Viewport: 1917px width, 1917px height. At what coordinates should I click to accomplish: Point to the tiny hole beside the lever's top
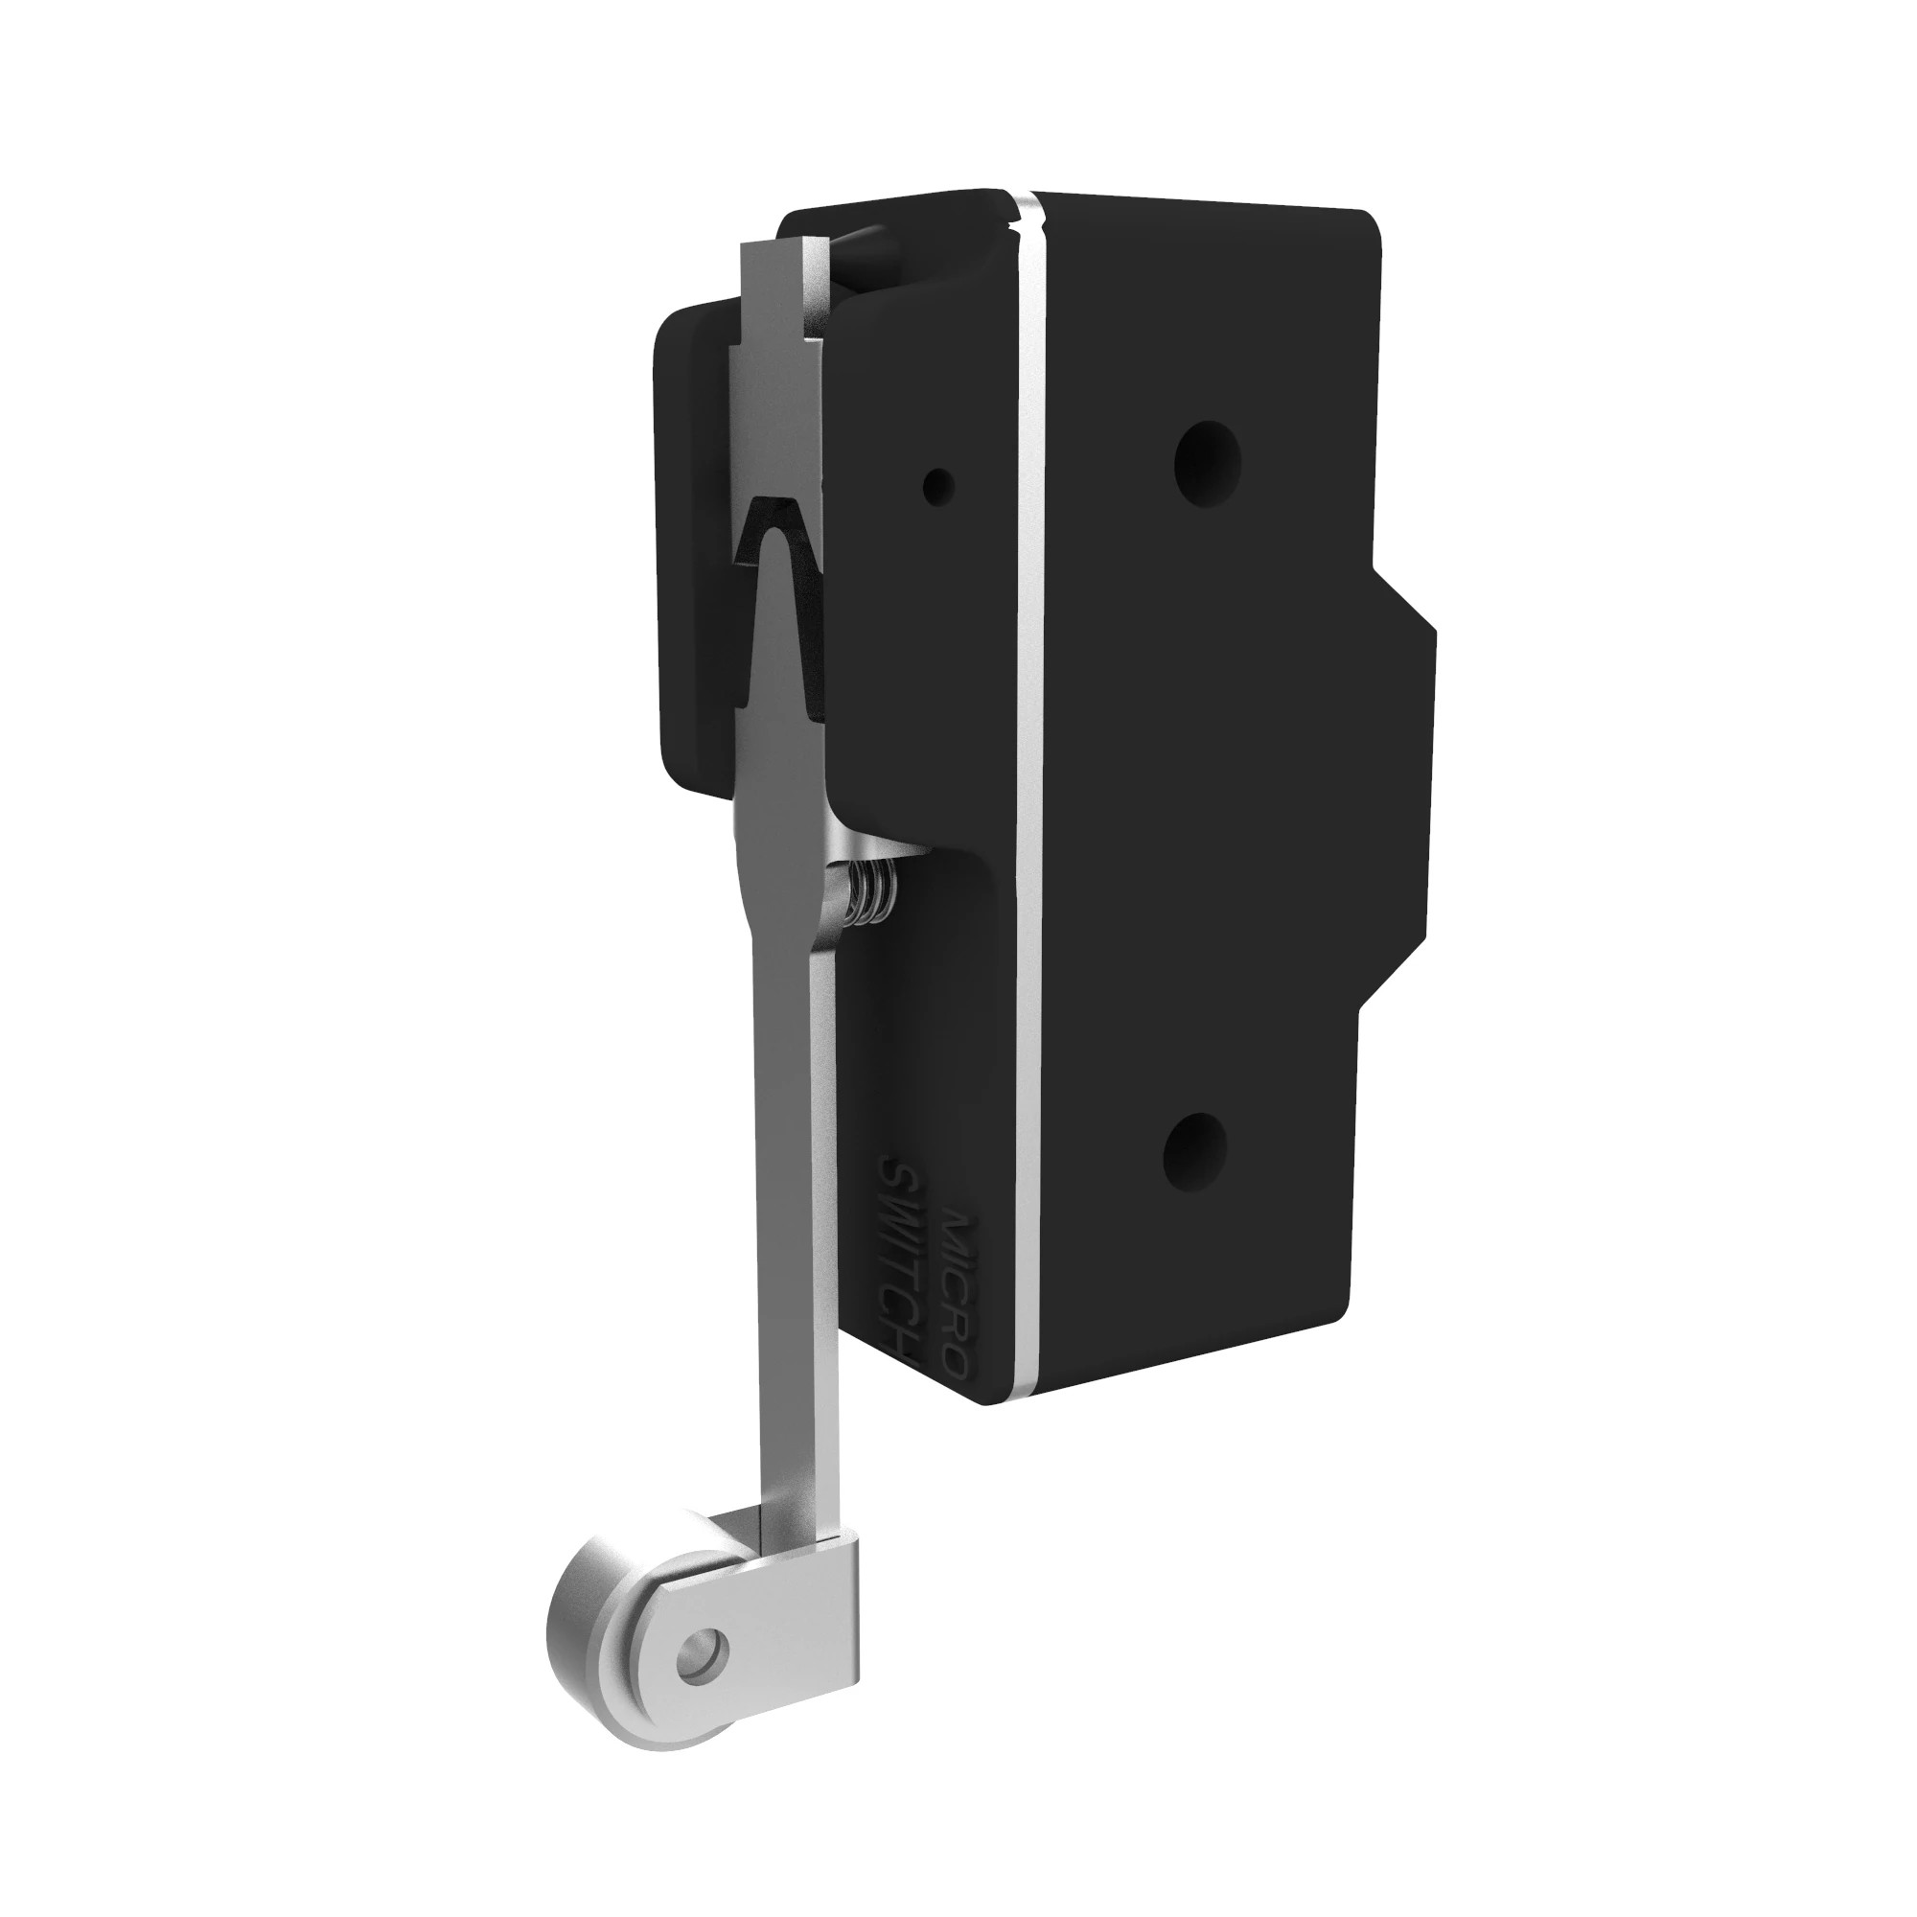[937, 485]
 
